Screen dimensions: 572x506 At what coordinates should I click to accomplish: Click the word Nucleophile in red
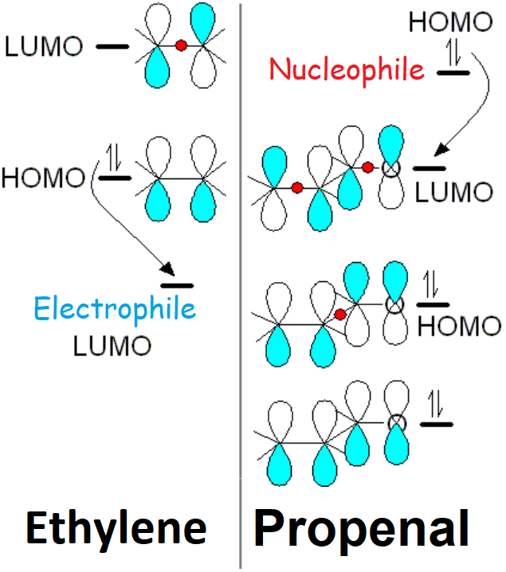[347, 69]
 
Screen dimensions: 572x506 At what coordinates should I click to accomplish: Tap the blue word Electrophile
[114, 308]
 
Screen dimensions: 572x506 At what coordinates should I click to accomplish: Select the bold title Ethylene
[116, 528]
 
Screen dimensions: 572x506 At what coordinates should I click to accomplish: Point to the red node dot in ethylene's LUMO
[181, 46]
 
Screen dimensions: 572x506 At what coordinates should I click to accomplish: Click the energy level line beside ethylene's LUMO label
[112, 47]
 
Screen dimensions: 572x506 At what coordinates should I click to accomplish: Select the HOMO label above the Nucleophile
[450, 22]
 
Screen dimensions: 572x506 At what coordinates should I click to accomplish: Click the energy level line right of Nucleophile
[453, 72]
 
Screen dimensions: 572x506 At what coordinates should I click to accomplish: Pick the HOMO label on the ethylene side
[43, 177]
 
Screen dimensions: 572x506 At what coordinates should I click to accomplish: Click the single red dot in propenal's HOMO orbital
[340, 315]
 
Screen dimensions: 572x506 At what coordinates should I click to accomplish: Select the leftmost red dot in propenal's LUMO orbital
[296, 188]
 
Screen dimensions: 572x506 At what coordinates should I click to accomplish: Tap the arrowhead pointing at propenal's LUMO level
[434, 152]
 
